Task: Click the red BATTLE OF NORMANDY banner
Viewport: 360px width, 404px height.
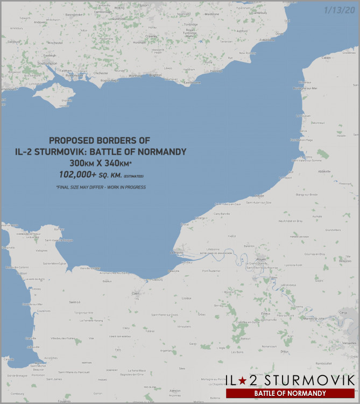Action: [290, 393]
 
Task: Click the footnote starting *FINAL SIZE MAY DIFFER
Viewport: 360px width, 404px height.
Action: [101, 187]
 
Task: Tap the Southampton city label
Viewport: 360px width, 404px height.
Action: [47, 64]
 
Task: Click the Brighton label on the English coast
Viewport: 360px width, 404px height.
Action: [155, 75]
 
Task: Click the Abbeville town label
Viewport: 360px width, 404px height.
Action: [325, 172]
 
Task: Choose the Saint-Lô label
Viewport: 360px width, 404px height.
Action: [75, 302]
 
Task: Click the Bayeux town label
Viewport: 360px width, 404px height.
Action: [108, 281]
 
